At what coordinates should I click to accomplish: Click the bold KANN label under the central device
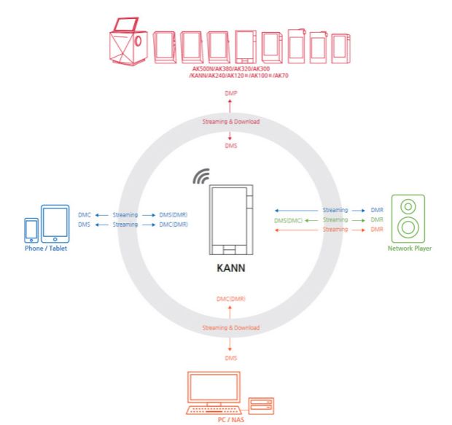(x=230, y=268)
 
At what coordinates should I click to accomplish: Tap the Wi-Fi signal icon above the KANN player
(x=202, y=176)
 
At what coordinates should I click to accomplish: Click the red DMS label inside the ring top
(x=230, y=146)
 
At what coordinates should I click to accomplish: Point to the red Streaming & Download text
(x=230, y=121)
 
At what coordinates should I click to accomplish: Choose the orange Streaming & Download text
(x=230, y=328)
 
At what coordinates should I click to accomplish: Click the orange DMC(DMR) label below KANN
(x=230, y=299)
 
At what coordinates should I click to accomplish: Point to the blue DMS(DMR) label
(x=173, y=215)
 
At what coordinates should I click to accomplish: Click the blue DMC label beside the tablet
(x=83, y=215)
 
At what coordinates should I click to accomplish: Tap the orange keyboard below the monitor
(x=214, y=410)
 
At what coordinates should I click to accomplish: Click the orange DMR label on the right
(x=377, y=230)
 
